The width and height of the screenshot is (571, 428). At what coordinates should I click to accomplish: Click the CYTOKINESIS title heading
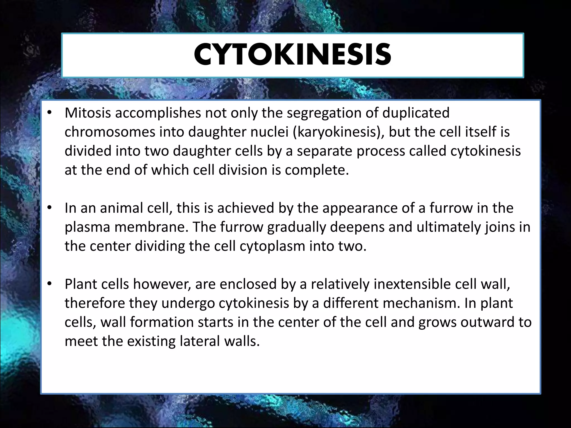(292, 55)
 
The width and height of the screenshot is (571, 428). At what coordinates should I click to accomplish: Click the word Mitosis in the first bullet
(88, 113)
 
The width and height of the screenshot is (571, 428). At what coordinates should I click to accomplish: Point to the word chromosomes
(110, 132)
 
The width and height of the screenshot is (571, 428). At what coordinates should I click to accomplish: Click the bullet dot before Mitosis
(50, 113)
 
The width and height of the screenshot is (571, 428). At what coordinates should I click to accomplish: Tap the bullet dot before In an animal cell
(50, 208)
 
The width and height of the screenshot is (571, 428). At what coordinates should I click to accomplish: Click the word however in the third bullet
(162, 284)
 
